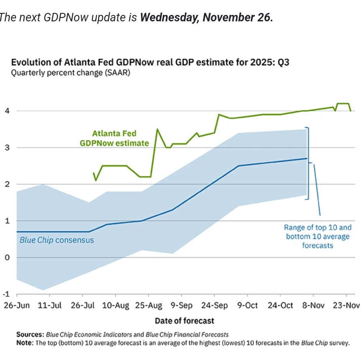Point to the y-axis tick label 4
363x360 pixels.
point(6,111)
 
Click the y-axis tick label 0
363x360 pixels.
point(6,257)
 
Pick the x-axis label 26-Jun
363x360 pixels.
point(17,306)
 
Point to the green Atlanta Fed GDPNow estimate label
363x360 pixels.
point(114,138)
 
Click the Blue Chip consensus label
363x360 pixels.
point(57,240)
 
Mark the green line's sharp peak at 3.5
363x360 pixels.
point(157,129)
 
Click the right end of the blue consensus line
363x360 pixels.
point(307,159)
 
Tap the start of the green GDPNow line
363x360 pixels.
point(94,173)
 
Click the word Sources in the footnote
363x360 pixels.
point(30,335)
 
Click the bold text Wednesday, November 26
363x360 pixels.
point(207,18)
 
